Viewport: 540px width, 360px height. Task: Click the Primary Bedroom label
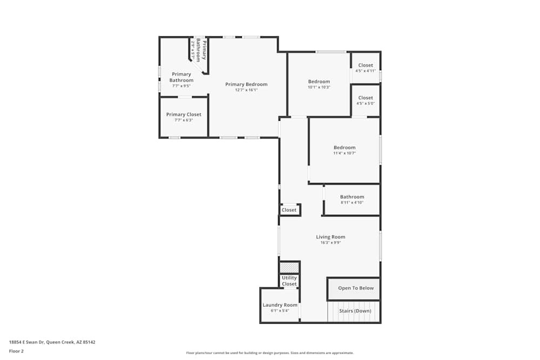(x=246, y=84)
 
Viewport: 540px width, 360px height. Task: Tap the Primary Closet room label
(x=184, y=114)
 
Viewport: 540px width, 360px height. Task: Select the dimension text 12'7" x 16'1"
(x=246, y=90)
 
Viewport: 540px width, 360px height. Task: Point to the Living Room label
(x=330, y=237)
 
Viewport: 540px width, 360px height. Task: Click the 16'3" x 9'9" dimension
(x=330, y=243)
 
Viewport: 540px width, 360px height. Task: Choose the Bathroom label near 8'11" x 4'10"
(x=352, y=197)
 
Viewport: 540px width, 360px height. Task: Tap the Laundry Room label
(x=280, y=305)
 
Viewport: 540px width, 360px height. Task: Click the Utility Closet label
(x=289, y=281)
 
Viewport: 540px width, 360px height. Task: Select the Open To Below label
(x=356, y=288)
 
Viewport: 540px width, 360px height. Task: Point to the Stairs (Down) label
(x=355, y=311)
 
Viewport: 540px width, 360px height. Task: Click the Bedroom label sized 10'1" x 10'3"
(x=319, y=81)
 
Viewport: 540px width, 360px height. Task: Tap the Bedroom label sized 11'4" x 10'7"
(x=345, y=147)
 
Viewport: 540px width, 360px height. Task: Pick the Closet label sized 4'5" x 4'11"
(x=366, y=65)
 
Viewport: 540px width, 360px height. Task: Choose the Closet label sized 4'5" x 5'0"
(x=366, y=98)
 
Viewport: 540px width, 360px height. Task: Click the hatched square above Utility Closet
(x=289, y=267)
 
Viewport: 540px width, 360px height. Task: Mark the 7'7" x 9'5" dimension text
(x=181, y=86)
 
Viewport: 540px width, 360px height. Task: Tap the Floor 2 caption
(x=16, y=351)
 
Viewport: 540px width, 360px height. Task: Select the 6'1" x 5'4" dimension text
(x=280, y=311)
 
